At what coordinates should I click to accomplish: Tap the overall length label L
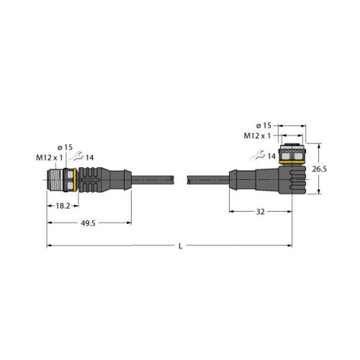(181, 247)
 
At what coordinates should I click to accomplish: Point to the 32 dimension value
(260, 213)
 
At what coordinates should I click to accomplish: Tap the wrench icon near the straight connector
(76, 157)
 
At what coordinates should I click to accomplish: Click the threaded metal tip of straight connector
(55, 180)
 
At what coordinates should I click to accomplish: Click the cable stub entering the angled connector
(209, 180)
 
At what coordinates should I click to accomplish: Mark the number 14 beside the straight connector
(89, 157)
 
